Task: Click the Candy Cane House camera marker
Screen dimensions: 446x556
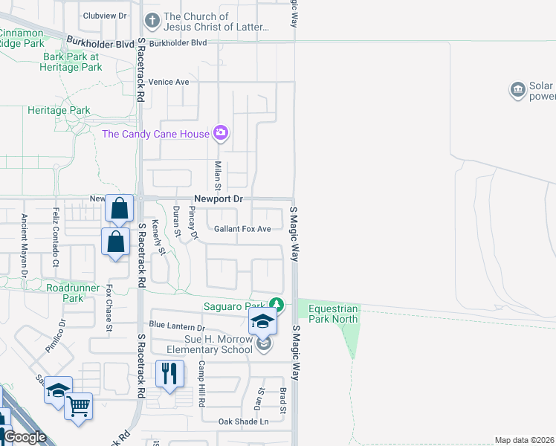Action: (x=220, y=134)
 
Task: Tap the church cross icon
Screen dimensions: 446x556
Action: (x=152, y=21)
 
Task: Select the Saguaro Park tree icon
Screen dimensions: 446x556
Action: (x=277, y=305)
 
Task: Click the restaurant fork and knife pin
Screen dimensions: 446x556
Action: (x=169, y=373)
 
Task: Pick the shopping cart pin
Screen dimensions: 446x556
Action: (x=79, y=407)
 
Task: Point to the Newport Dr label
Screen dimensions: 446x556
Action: (x=219, y=199)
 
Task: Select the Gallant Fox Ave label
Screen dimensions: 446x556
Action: (x=242, y=229)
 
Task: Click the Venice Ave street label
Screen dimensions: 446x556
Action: (x=169, y=82)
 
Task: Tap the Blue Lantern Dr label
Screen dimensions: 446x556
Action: (x=176, y=326)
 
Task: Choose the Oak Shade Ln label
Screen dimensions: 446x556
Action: (x=243, y=421)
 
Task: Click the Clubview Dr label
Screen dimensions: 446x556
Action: (x=105, y=15)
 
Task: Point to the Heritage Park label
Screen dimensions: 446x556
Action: (x=59, y=111)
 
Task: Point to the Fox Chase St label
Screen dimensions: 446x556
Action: (x=109, y=308)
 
